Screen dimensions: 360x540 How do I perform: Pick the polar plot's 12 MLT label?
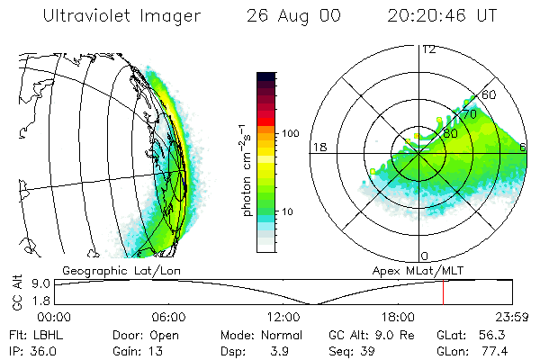(428, 49)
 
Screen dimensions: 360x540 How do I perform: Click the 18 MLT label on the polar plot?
(319, 147)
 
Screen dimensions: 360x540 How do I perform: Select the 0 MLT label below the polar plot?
(425, 256)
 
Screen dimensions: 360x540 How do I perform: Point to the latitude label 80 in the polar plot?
(449, 133)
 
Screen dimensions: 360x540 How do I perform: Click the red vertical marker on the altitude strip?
(443, 292)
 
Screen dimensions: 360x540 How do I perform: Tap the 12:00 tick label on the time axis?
(283, 318)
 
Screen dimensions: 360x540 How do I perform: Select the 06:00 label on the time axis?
(168, 318)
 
